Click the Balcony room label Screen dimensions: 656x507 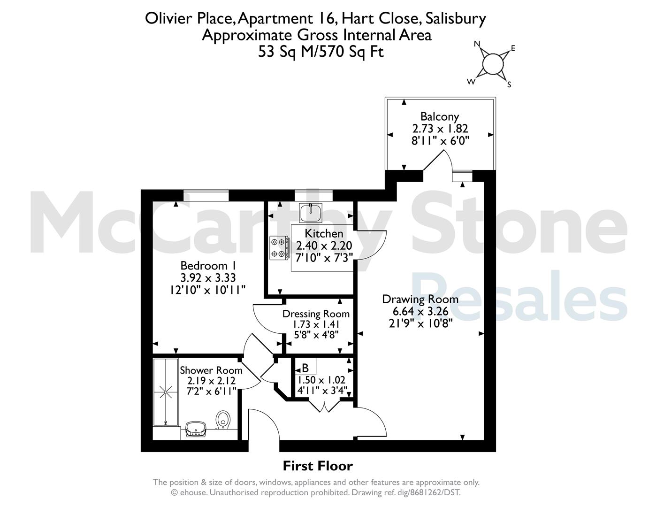[440, 116]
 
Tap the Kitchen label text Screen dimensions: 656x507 [324, 233]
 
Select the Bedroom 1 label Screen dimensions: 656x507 [208, 266]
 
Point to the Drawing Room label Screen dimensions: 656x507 [420, 299]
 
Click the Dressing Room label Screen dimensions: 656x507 [316, 314]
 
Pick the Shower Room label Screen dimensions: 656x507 [211, 370]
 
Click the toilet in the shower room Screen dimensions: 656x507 [223, 420]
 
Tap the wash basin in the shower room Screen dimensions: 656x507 [196, 429]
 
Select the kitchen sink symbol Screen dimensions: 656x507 [311, 213]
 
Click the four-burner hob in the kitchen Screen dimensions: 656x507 [279, 247]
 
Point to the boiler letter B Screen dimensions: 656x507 [305, 368]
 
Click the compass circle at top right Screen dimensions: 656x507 [493, 64]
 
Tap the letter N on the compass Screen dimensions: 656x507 [477, 44]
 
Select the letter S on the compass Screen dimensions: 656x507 [509, 84]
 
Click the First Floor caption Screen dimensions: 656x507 [318, 466]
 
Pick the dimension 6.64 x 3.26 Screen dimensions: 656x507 [420, 311]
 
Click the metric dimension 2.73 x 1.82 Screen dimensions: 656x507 [440, 129]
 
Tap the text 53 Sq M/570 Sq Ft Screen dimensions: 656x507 [320, 52]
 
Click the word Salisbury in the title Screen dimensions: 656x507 [456, 19]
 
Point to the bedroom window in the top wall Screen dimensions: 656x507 [206, 195]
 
